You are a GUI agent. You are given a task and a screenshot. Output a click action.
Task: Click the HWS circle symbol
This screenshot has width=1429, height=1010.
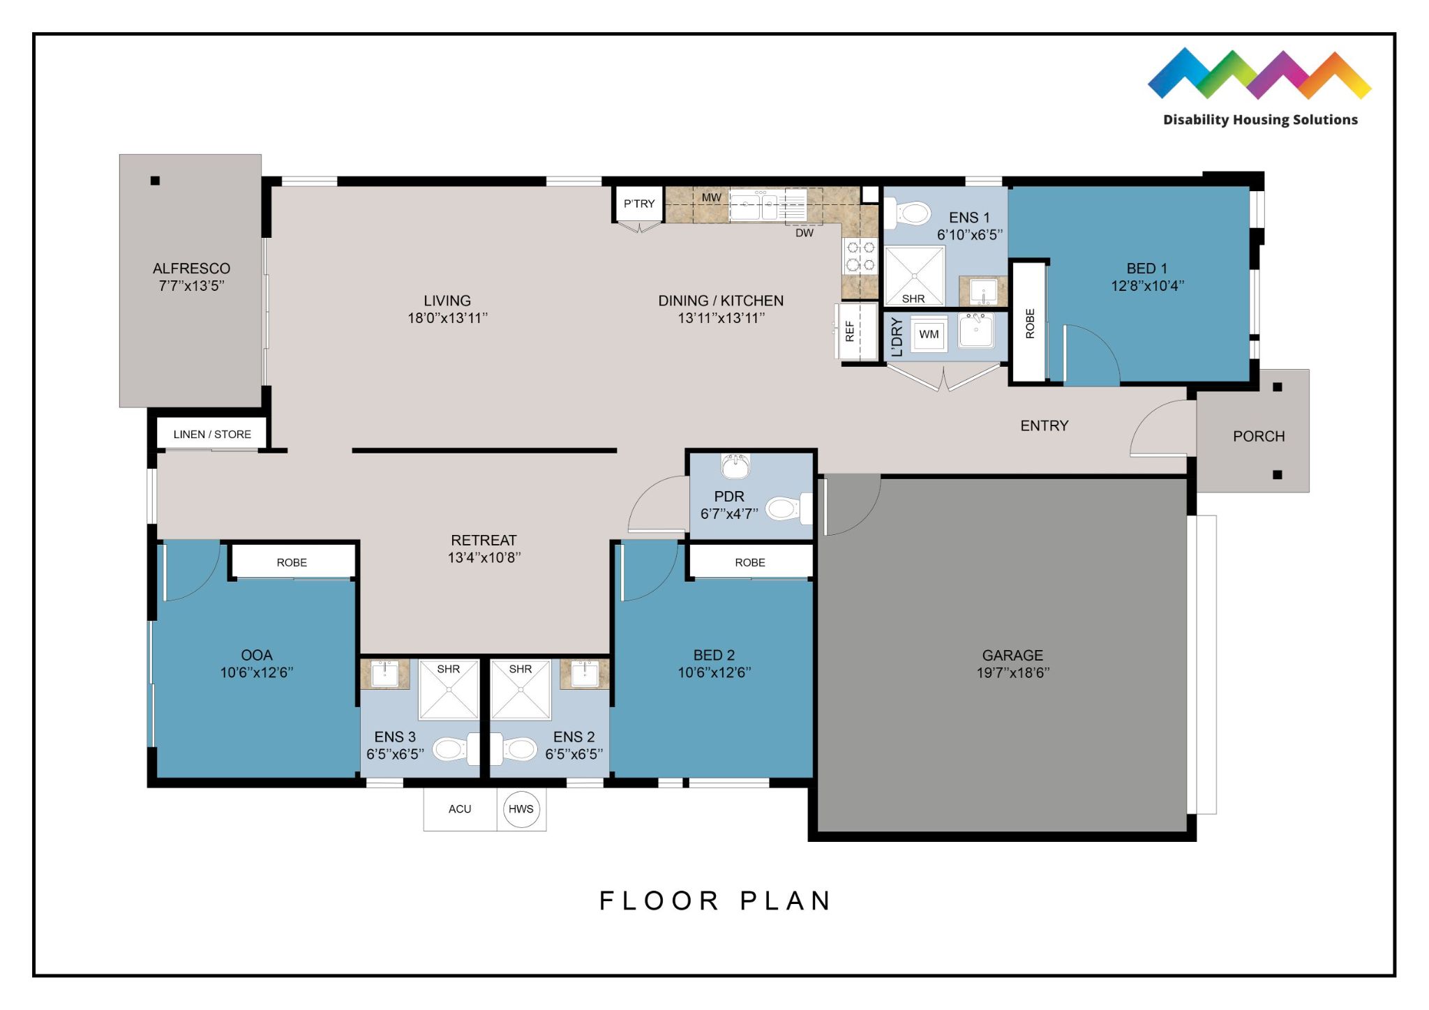point(521,809)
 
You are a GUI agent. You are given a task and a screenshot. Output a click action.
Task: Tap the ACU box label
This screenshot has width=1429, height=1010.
point(460,809)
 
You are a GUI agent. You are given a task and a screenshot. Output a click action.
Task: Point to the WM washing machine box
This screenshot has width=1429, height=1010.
point(929,334)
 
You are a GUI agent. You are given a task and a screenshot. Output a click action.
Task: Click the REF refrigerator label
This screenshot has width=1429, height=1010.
point(850,331)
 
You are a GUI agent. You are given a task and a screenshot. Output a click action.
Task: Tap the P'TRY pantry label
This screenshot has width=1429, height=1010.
point(639,204)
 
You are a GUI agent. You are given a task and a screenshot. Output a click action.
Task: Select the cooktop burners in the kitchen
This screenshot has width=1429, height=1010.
point(860,256)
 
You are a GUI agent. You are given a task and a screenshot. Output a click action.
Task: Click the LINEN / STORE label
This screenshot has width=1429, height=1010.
point(212,434)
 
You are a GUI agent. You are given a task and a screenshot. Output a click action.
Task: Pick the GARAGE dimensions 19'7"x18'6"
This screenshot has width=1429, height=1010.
point(1012,672)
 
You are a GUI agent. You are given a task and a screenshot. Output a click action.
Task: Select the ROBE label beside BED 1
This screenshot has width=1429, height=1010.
point(1030,323)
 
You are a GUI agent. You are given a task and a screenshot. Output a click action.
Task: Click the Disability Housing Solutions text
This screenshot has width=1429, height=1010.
point(1260,120)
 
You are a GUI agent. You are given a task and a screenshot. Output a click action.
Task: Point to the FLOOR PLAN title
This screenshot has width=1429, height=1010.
point(715,900)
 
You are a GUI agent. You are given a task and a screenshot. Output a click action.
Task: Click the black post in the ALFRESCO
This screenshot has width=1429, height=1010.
point(155,181)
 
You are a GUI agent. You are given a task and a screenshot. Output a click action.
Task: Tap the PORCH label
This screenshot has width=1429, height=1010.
point(1258,436)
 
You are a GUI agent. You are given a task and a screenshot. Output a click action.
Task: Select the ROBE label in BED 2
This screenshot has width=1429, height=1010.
point(749,562)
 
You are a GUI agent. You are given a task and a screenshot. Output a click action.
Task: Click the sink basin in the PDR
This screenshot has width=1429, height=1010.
point(735,466)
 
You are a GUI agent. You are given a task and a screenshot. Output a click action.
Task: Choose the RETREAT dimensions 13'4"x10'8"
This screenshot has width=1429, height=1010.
point(484,557)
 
